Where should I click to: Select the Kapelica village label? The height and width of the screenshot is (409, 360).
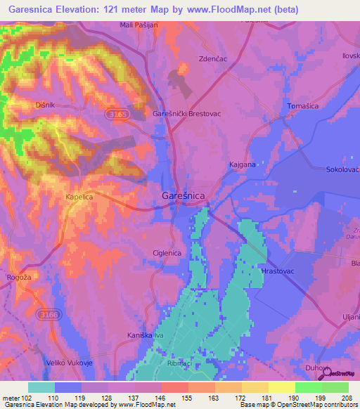(79, 197)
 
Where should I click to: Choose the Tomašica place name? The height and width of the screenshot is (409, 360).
(304, 106)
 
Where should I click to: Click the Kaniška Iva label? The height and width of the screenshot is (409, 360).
(146, 335)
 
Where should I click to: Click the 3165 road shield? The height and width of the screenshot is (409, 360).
(119, 112)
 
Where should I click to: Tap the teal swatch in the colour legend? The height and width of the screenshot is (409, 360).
(41, 387)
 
